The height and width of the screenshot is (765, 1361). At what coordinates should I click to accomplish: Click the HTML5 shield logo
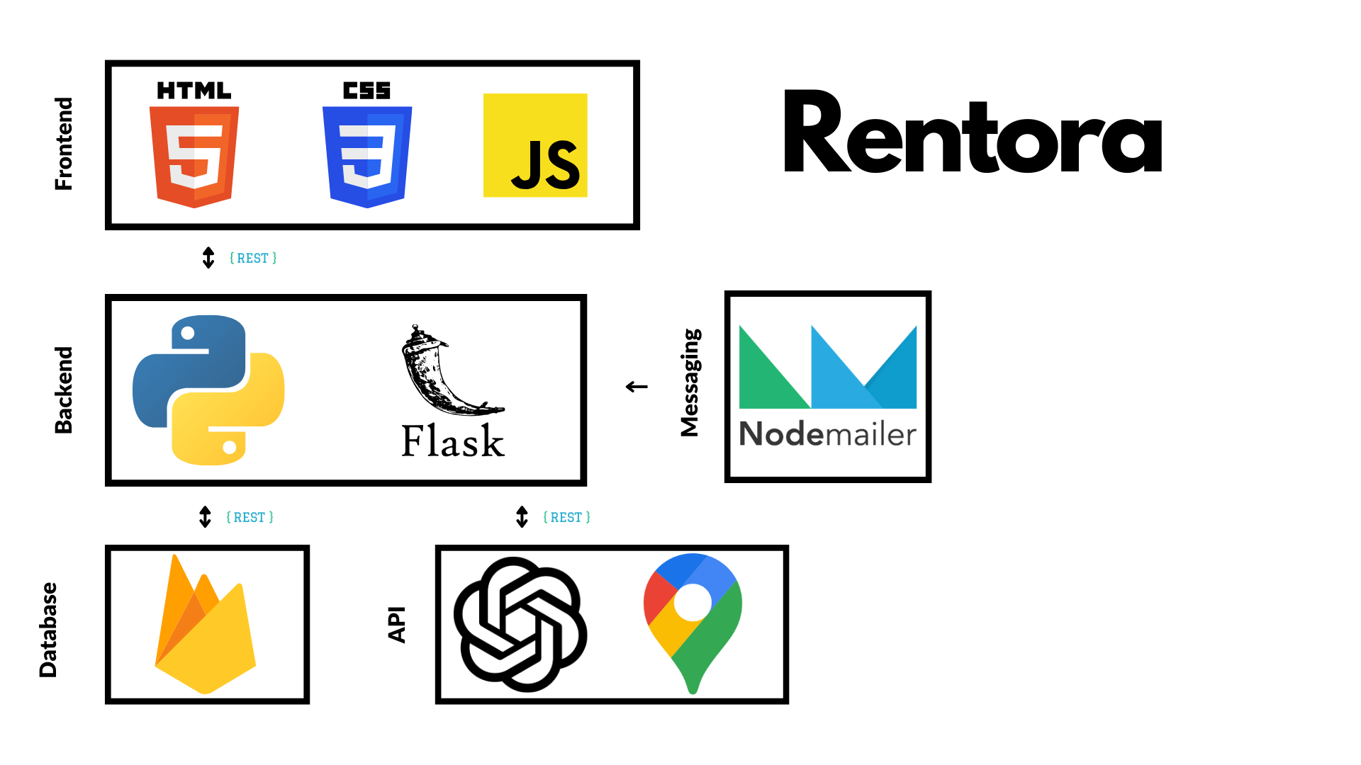click(194, 156)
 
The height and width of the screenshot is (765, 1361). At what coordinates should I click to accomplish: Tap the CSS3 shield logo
click(367, 156)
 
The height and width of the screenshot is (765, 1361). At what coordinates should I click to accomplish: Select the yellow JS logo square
click(535, 145)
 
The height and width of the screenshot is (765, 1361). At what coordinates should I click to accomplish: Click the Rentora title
click(973, 132)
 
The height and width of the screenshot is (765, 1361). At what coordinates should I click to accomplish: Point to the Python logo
click(208, 390)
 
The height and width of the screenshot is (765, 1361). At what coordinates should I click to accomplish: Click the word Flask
click(452, 441)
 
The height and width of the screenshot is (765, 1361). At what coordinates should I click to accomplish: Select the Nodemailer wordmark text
click(827, 433)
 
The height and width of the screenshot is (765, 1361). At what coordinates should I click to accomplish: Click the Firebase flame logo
click(205, 625)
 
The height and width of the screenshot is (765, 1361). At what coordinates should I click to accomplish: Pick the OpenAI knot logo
click(520, 624)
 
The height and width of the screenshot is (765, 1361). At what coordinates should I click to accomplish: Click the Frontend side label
click(64, 144)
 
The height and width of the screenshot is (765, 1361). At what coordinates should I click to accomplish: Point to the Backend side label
click(64, 390)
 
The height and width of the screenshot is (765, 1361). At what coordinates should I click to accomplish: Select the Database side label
click(48, 630)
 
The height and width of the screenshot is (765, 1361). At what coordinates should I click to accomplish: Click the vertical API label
click(397, 624)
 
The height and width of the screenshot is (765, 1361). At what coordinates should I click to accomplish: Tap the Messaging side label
click(690, 382)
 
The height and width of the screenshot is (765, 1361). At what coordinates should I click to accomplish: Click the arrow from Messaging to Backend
click(637, 387)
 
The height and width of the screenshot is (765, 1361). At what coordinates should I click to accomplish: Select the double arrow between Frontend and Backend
click(208, 258)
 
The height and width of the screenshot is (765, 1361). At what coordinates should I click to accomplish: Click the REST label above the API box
click(566, 518)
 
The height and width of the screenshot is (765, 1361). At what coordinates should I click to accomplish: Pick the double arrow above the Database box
click(206, 517)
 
